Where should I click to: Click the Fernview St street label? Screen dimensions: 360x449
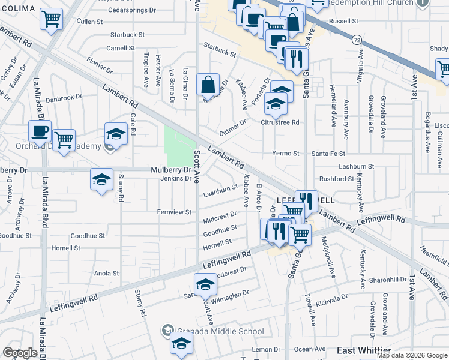174,212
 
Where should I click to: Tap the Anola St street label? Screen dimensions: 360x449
106,273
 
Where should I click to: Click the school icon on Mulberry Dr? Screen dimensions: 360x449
102,179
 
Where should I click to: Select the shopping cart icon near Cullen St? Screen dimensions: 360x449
52,18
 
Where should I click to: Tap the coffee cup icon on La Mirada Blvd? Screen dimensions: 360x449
40,131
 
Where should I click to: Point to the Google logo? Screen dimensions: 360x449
20,353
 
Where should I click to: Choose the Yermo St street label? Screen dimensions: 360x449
286,154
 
